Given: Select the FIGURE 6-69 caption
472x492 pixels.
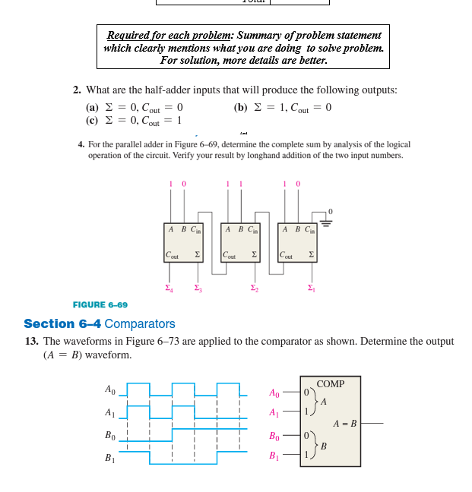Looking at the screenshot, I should tap(100, 304).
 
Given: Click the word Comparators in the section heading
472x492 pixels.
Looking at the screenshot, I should tap(139, 323).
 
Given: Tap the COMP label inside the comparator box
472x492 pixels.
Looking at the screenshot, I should tap(331, 384).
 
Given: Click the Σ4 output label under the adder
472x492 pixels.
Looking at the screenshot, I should tap(169, 288).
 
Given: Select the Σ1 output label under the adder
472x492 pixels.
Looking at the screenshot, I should tap(310, 288).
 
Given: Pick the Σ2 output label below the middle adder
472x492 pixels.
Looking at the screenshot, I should tap(255, 288).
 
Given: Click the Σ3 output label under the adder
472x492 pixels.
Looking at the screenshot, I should tap(198, 288).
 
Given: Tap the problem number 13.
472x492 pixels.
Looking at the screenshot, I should tap(31, 342).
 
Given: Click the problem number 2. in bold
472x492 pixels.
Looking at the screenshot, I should tap(78, 90).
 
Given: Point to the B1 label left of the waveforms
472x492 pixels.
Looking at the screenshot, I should tap(110, 459).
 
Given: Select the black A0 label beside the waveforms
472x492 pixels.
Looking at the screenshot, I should tap(110, 389).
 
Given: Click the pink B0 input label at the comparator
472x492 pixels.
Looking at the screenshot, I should tap(274, 437).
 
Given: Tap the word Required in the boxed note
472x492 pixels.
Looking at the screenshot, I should tap(126, 35).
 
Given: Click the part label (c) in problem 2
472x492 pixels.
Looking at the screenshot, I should tap(92, 120).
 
